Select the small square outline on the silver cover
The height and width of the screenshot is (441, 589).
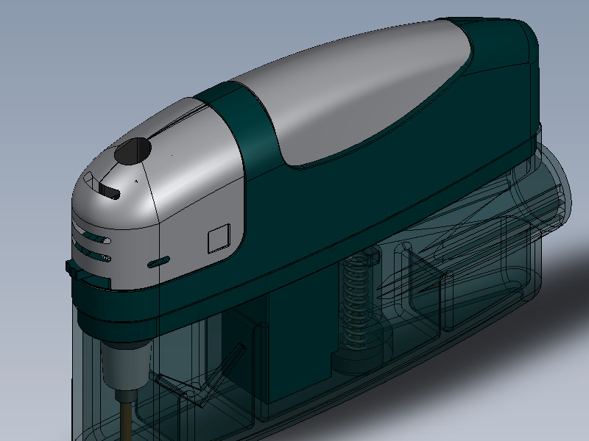tap(219, 240)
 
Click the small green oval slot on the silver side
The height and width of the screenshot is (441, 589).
tap(159, 261)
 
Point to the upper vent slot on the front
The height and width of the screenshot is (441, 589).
tap(94, 238)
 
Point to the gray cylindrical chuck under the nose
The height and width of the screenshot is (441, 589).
tap(123, 364)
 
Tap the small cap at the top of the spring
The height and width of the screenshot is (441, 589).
tap(361, 257)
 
